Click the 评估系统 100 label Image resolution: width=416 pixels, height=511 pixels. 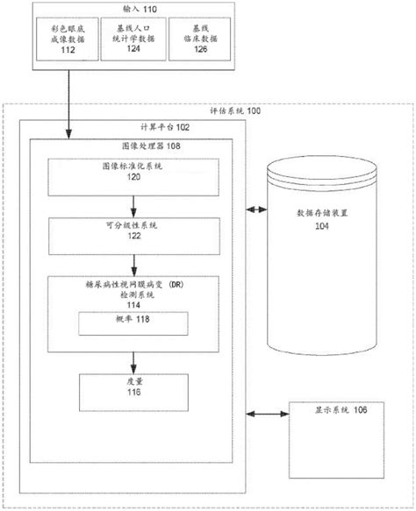click(234, 112)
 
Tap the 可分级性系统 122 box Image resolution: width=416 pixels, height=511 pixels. click(133, 232)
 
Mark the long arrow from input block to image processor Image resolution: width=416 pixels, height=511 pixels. click(66, 105)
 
